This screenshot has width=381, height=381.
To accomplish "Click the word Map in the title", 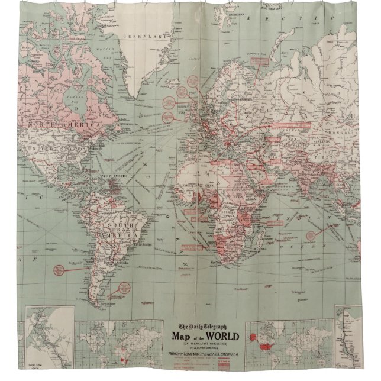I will point(183,338).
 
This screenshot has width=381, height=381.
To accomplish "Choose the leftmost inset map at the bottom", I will point(49,343).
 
